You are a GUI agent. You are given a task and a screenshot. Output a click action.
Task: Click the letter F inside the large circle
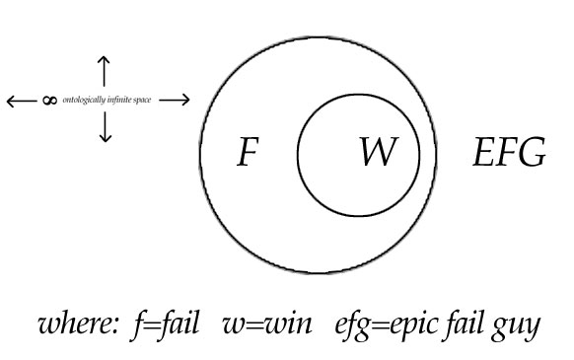[x=250, y=155]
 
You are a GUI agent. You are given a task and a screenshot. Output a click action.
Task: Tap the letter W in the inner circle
[x=376, y=154]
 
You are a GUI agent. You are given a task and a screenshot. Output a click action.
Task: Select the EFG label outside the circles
[x=507, y=155]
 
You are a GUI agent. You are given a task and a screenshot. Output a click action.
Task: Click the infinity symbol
[x=49, y=101]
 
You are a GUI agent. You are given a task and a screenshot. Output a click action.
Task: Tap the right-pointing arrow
[x=174, y=100]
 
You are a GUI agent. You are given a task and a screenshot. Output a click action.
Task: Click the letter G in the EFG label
[x=530, y=155]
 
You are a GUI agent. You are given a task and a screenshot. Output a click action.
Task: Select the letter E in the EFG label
[x=483, y=155]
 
